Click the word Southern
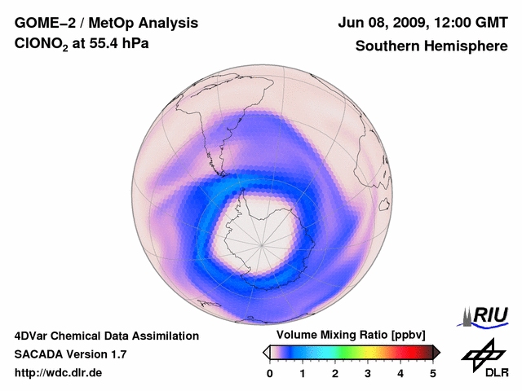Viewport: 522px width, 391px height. [387, 46]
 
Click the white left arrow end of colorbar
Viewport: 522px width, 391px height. [266, 352]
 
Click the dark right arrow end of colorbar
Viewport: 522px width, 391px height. [436, 352]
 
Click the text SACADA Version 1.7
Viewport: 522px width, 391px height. [70, 354]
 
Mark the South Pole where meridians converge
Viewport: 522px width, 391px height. [262, 244]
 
